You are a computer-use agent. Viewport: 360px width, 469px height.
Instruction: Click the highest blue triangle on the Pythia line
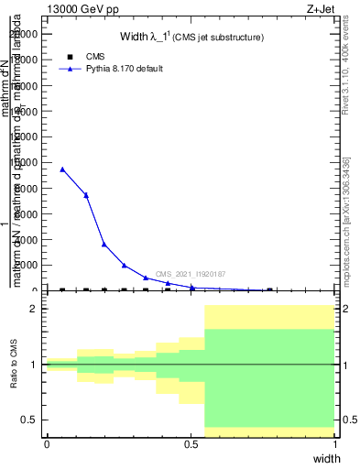coord(62,169)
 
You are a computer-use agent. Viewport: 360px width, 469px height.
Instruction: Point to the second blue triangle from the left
coord(86,195)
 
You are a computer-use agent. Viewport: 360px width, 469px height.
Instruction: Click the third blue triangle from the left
coord(104,245)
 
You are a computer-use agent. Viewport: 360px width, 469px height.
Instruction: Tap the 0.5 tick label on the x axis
coord(191,444)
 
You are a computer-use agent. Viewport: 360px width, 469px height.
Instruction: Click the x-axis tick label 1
coord(335,444)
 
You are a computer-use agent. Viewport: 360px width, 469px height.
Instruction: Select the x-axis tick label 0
coord(47,444)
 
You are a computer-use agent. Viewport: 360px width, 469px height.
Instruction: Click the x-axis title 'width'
coord(326,458)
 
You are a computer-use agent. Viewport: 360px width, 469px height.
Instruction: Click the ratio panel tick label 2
coord(34,309)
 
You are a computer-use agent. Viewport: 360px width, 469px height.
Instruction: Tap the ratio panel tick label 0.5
coord(30,420)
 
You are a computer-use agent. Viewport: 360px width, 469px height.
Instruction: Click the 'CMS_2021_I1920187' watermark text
coord(191,274)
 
